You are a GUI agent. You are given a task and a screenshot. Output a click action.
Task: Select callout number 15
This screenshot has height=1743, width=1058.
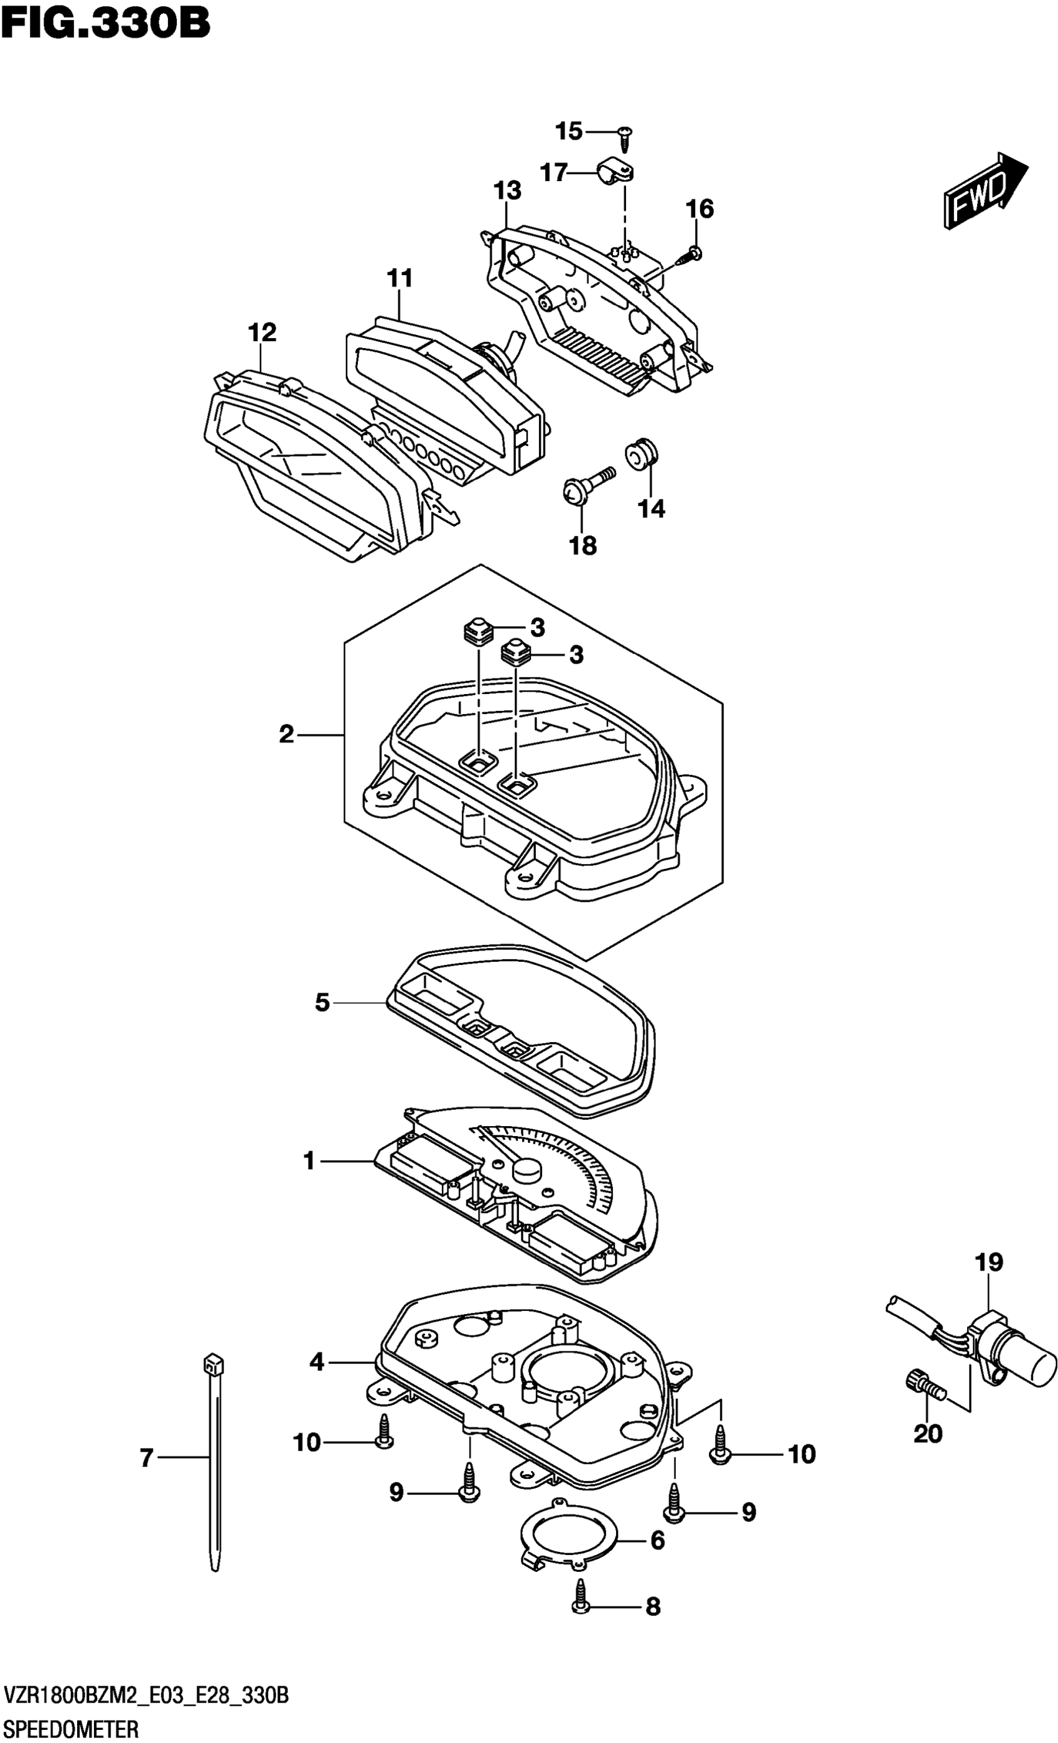(568, 131)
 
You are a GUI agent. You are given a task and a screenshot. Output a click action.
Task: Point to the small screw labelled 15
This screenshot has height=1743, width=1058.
(624, 137)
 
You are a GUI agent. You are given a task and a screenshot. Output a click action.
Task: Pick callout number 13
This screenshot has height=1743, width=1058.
(507, 190)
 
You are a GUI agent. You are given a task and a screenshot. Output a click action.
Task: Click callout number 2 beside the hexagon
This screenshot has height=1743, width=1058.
(286, 735)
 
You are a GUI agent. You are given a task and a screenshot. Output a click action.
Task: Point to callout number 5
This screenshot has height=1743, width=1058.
(322, 1002)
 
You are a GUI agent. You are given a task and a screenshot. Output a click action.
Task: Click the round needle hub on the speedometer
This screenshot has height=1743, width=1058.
(526, 1168)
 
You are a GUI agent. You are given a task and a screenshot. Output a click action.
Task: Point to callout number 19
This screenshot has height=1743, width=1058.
(989, 1261)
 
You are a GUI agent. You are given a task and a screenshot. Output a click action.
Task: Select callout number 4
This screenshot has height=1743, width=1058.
(316, 1360)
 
